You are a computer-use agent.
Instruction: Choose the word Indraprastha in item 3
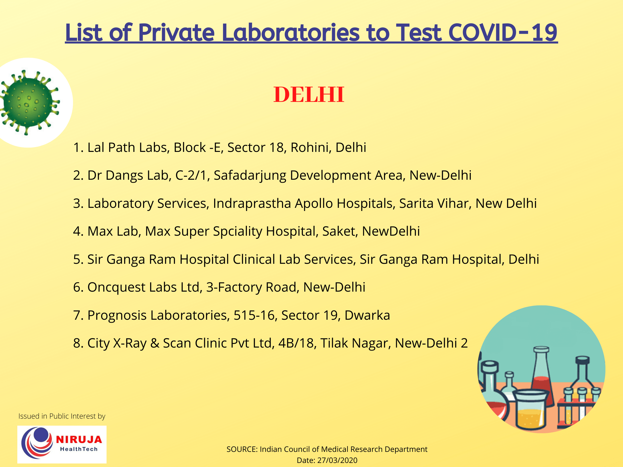252,204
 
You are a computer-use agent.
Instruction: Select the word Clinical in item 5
254,259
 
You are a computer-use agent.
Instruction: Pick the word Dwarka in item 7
367,315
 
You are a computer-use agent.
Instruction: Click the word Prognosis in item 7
117,315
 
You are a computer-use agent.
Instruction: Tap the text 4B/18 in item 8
296,343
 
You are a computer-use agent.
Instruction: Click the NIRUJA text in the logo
79,439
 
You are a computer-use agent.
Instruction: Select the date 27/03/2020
337,460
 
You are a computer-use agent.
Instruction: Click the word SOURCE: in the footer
242,449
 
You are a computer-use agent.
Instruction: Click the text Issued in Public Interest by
62,416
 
